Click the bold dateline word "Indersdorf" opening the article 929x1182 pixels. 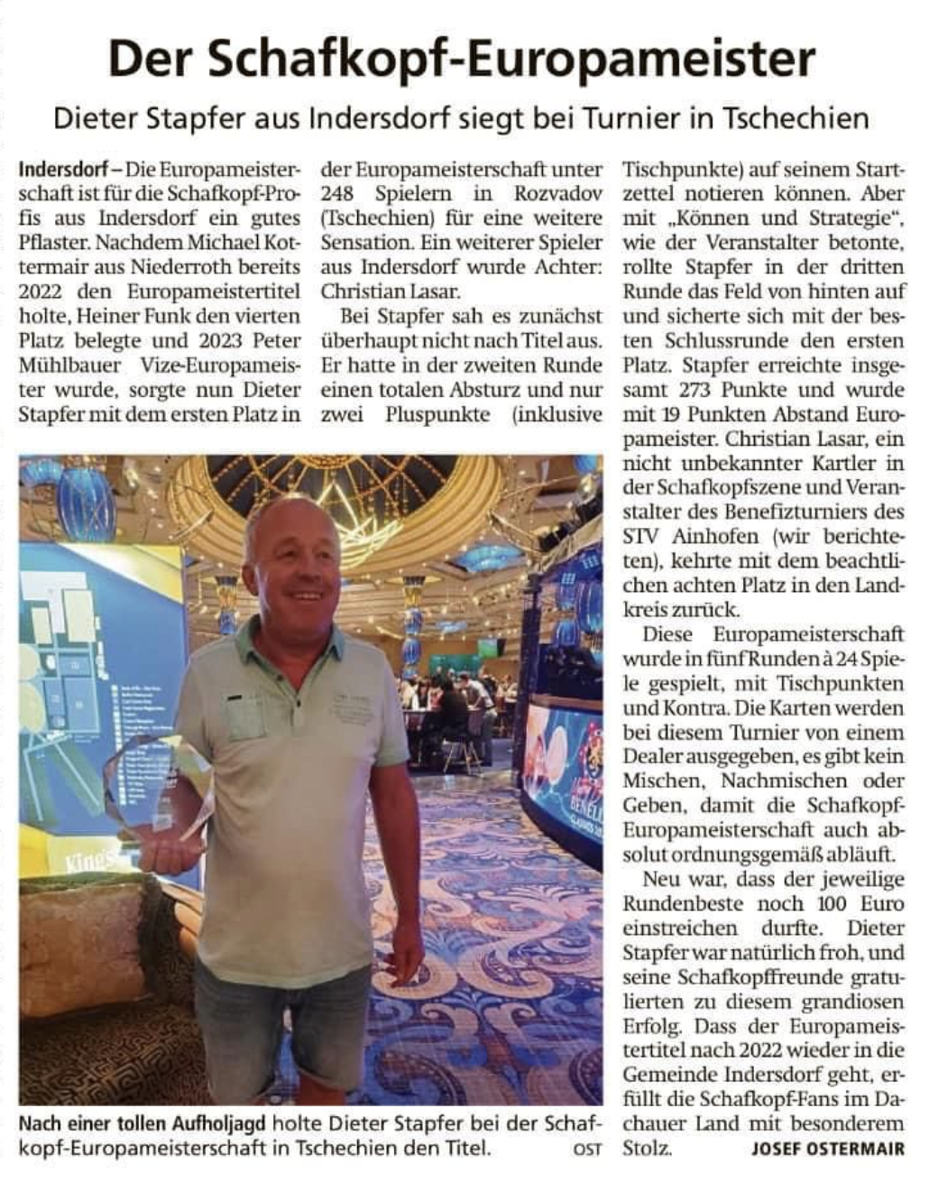click(60, 169)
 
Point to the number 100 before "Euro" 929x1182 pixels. click(830, 903)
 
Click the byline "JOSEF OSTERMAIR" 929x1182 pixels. click(827, 1149)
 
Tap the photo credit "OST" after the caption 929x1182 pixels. click(587, 1150)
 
